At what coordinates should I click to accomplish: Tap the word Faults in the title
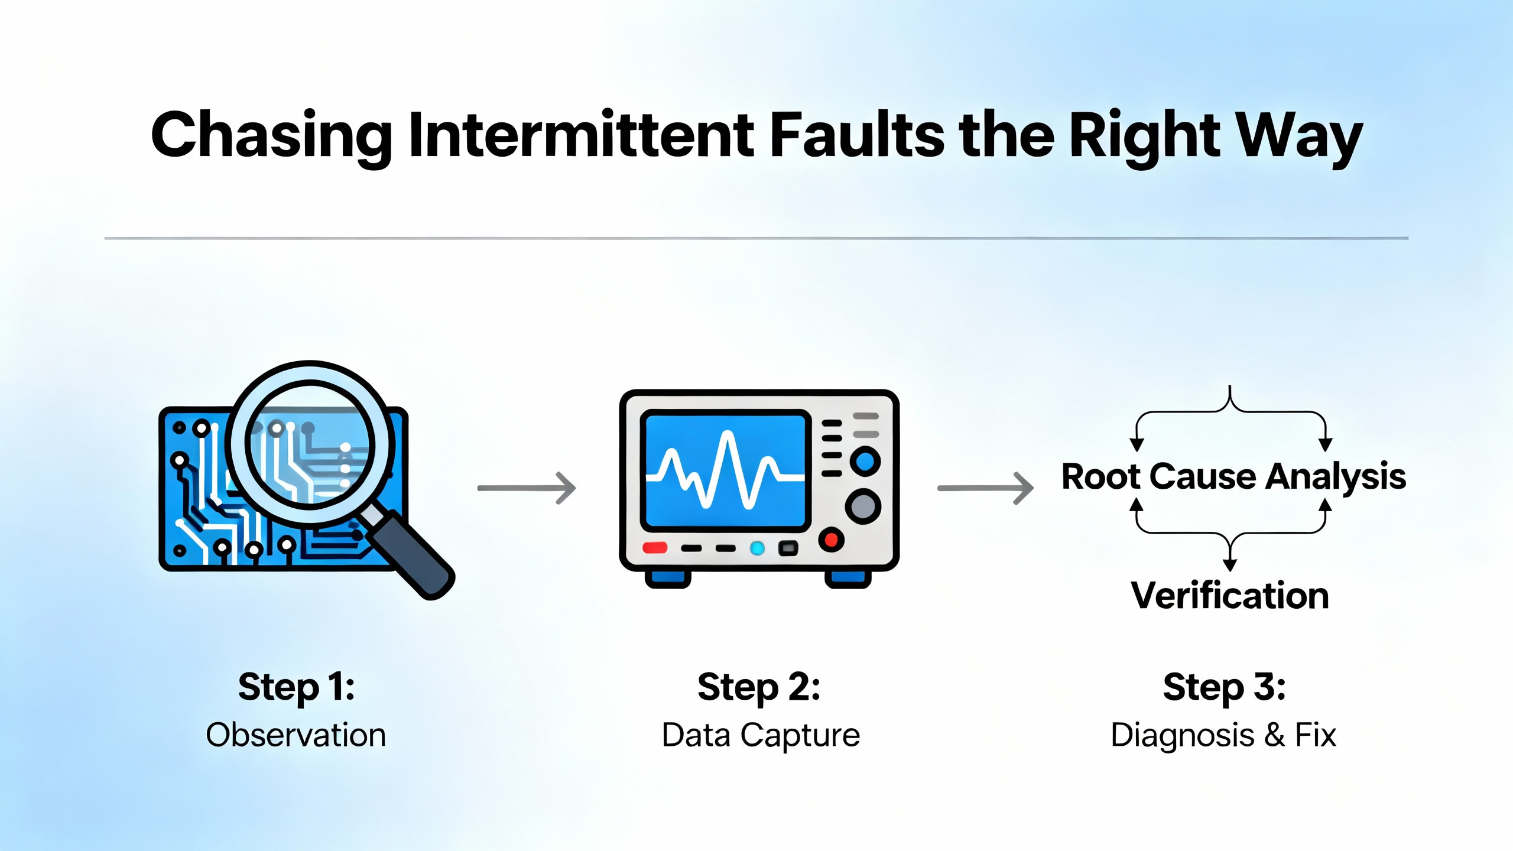(x=858, y=135)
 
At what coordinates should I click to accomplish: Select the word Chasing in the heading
(x=271, y=135)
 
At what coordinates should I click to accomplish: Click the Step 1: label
(x=296, y=687)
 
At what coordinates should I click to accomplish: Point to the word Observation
(x=296, y=736)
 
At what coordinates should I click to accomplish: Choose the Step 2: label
(x=759, y=687)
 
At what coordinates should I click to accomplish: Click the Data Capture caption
(x=761, y=736)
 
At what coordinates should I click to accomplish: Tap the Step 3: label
(x=1224, y=687)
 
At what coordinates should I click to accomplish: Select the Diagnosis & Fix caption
(x=1223, y=736)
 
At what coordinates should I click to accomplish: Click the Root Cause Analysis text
(x=1233, y=476)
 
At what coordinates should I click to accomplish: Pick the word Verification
(x=1230, y=596)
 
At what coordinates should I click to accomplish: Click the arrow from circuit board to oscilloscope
(x=526, y=488)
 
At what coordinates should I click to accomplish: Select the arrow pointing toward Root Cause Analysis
(x=985, y=488)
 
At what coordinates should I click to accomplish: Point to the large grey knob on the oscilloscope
(x=863, y=506)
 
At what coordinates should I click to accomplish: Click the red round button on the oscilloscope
(x=831, y=539)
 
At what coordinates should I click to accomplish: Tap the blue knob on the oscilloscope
(x=865, y=462)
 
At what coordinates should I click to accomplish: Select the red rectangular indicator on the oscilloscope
(x=655, y=548)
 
